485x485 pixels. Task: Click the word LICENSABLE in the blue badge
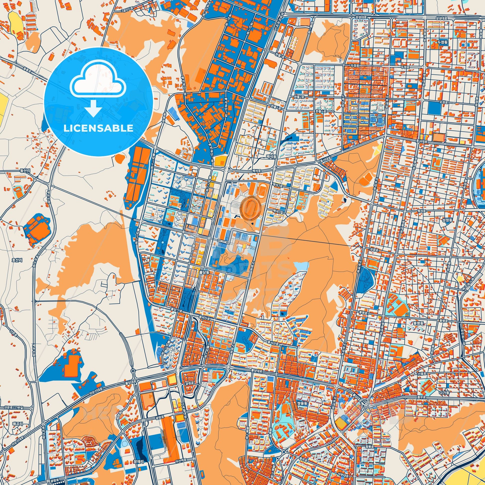point(98,128)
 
